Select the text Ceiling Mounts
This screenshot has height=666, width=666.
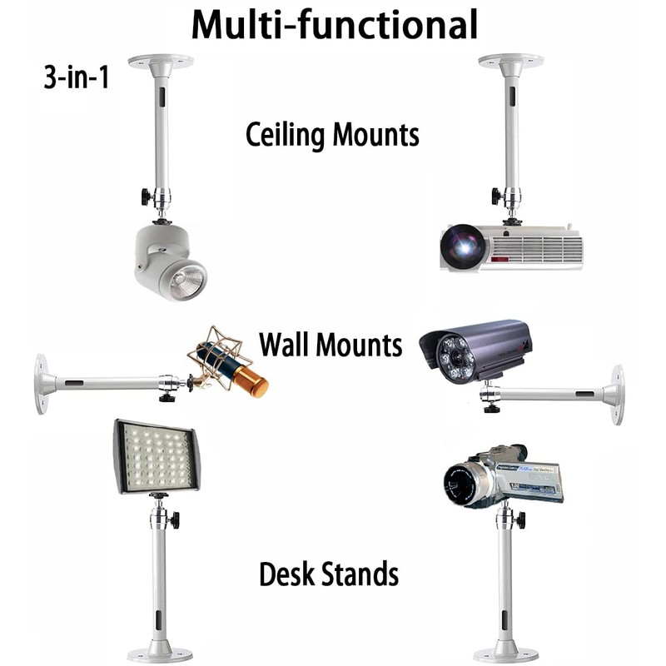coord(332,134)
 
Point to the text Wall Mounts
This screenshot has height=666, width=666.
coord(331,343)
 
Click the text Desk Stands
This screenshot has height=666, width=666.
coord(328,574)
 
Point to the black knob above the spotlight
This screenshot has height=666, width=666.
coord(146,196)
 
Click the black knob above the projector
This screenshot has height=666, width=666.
coord(496,196)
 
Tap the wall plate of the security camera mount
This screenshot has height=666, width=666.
coord(617,394)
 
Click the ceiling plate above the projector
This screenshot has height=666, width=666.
coord(511,61)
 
